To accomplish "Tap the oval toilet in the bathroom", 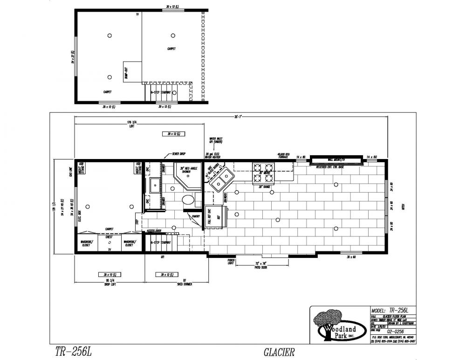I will click(188, 201).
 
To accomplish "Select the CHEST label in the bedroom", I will click(109, 237).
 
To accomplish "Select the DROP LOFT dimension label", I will click(110, 284).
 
